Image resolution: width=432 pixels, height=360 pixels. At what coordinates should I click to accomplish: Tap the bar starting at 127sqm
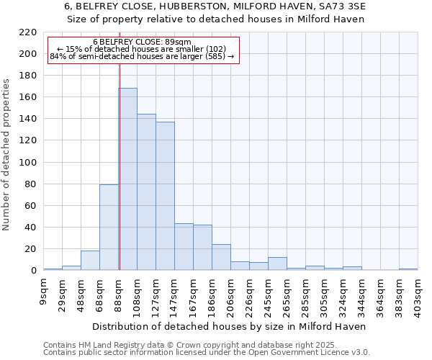(165, 196)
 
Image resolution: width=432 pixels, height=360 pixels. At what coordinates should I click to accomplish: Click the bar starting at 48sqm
(90, 261)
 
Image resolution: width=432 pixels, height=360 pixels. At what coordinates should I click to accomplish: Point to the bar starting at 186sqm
(221, 257)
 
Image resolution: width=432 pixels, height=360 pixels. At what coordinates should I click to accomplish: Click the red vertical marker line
(120, 173)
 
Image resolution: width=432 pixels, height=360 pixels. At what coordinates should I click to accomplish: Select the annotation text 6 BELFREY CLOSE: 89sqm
(143, 42)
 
